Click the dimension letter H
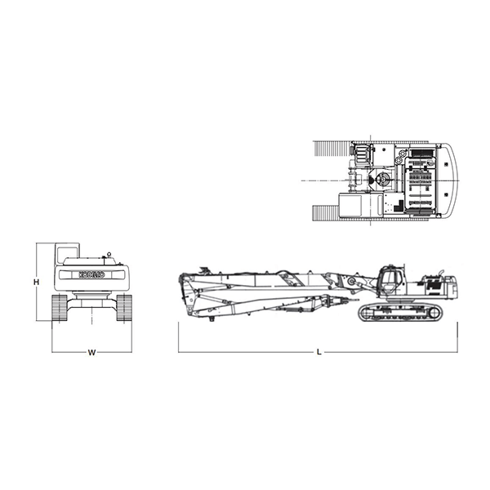point(37,282)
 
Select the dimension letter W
point(91,353)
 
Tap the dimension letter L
point(318,352)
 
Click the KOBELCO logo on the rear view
point(91,274)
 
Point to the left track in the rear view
point(60,307)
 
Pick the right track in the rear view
point(124,307)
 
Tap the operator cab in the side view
point(390,283)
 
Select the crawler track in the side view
point(401,312)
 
